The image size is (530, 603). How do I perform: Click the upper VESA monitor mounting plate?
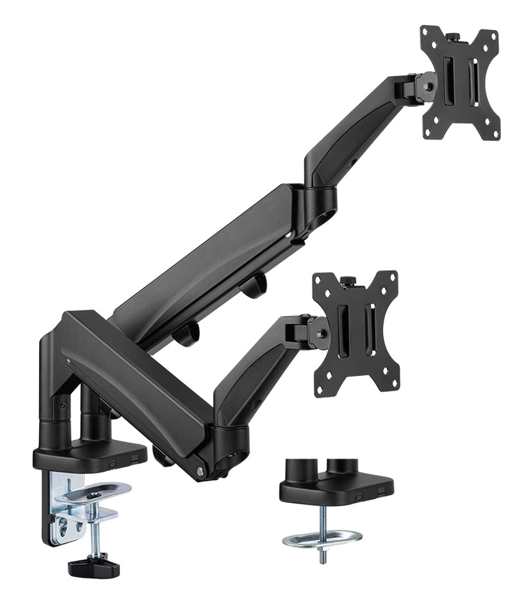tap(460, 83)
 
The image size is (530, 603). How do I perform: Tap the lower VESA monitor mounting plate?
tap(355, 333)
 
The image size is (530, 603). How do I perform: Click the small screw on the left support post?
tap(62, 405)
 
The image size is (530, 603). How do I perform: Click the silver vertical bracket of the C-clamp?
tap(60, 513)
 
